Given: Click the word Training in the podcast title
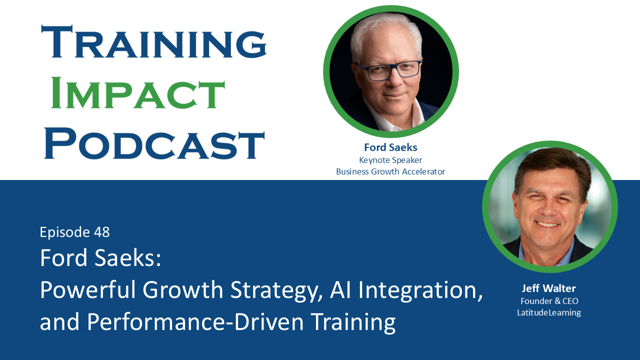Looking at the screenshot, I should coord(154,43).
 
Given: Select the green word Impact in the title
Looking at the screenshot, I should coord(138,94).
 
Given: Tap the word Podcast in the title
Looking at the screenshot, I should coord(154,143).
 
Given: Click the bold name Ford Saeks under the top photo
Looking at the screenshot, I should coord(390,147).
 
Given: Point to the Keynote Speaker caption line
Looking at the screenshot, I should coord(390,160).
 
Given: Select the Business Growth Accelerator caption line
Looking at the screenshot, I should coord(390,171).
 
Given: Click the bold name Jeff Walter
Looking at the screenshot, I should coord(549,288).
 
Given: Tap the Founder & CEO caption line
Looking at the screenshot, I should coord(549,301).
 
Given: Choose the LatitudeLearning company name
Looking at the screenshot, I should coord(549,312).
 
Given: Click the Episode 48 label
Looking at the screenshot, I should coord(74,232).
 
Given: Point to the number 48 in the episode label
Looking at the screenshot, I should coord(101,232).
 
